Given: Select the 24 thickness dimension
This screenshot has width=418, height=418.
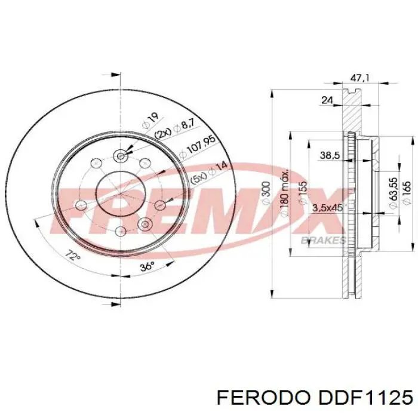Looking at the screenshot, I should [327, 101].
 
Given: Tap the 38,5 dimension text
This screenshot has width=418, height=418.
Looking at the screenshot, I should [330, 155].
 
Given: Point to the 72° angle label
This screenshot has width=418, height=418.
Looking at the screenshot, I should [72, 257].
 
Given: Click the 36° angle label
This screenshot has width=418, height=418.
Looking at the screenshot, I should [146, 266].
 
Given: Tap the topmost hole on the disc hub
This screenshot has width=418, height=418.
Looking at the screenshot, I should [121, 156].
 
